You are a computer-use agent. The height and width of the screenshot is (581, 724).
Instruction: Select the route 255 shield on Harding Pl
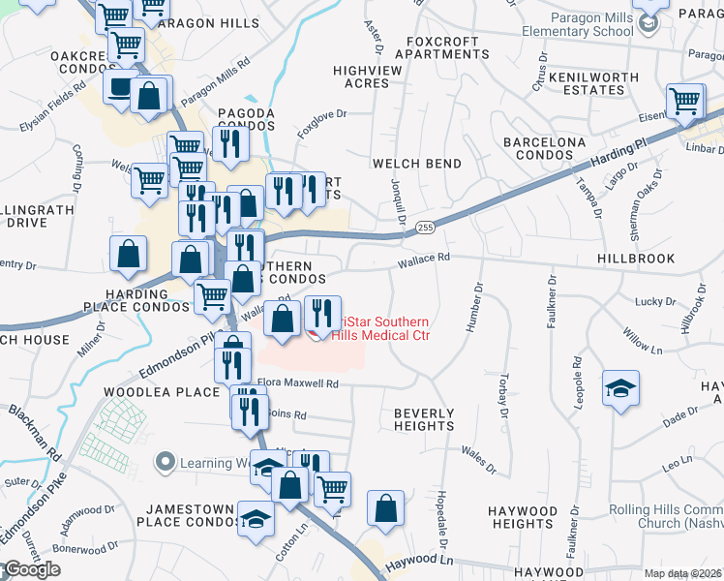(x=425, y=227)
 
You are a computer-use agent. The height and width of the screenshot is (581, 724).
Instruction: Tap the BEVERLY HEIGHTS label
(x=424, y=419)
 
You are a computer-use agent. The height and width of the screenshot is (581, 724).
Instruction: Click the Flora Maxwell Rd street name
(x=297, y=383)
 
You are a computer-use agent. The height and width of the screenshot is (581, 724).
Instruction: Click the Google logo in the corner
(x=31, y=569)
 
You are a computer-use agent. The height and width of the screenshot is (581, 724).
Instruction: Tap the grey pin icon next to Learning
(x=165, y=462)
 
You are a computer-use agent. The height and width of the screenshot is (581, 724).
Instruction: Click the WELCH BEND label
(x=417, y=164)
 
